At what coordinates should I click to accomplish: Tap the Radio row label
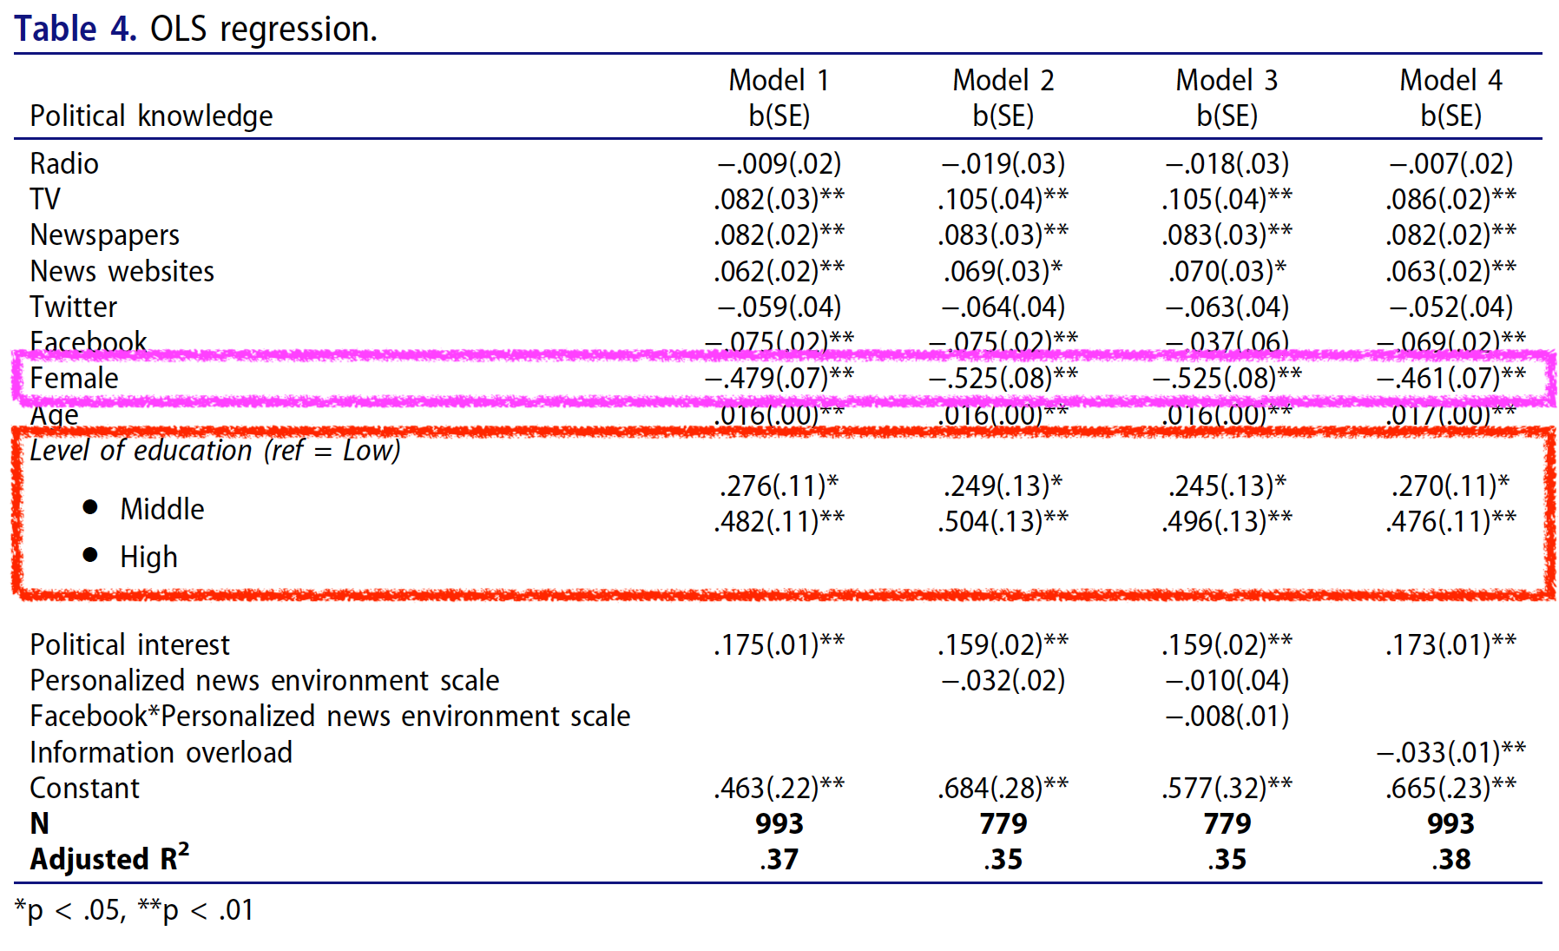pos(64,163)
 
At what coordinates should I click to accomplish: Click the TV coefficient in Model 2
pos(1003,199)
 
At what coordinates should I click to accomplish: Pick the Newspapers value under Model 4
pos(1450,234)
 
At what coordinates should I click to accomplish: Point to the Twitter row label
pos(73,307)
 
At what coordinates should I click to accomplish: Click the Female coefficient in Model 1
pos(779,378)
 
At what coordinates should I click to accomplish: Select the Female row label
pos(74,378)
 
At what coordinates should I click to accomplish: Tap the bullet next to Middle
pos(90,507)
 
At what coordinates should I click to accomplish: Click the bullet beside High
pos(90,555)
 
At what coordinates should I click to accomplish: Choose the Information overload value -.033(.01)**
pos(1450,751)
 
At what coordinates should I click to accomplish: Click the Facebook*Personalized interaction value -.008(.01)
pos(1227,716)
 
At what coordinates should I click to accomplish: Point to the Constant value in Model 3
pos(1227,788)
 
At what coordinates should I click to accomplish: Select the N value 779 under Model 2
pos(1003,823)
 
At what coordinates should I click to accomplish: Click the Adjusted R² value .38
pos(1450,859)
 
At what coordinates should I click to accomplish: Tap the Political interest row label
pos(129,644)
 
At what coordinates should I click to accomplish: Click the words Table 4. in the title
pos(76,29)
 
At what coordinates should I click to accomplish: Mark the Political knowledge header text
pos(151,116)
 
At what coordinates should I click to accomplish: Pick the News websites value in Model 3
pos(1227,271)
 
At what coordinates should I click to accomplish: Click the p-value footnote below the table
pos(135,910)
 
